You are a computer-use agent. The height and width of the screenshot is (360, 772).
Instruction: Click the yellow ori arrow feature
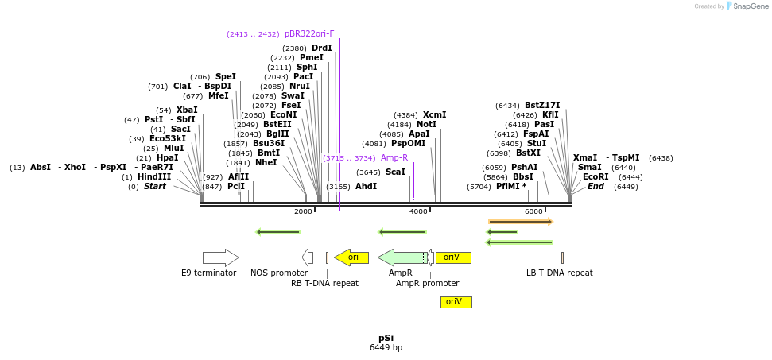[351, 257]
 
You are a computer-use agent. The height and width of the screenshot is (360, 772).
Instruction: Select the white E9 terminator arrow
[220, 257]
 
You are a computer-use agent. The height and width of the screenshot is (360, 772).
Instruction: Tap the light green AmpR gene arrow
[401, 257]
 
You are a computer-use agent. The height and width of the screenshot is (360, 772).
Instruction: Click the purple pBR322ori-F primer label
[309, 34]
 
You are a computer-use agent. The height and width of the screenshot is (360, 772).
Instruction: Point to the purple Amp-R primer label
[394, 158]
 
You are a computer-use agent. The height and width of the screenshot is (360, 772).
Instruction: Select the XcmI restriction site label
[434, 115]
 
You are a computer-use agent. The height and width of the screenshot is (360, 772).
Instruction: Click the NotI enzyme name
[427, 125]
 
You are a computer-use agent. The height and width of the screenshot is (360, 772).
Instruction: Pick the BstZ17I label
[542, 106]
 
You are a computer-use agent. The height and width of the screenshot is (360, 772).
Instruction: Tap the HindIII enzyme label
[154, 176]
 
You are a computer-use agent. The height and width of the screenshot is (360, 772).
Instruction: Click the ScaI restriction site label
[395, 172]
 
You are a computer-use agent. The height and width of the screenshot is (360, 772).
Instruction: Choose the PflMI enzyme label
[511, 187]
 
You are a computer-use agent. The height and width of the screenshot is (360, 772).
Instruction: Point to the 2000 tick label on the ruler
[303, 211]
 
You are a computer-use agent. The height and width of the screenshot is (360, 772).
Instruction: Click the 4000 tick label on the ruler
[418, 211]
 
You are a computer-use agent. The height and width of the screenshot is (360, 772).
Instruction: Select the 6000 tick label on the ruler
[533, 211]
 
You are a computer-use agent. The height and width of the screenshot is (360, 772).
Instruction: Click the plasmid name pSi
[386, 338]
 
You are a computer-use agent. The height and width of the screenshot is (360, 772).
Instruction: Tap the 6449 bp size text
[386, 348]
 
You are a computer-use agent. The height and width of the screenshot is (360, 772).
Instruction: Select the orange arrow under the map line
[520, 222]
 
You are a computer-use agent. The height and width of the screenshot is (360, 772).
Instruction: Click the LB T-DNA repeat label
[559, 273]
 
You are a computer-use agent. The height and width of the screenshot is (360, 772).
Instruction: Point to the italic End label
[595, 187]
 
